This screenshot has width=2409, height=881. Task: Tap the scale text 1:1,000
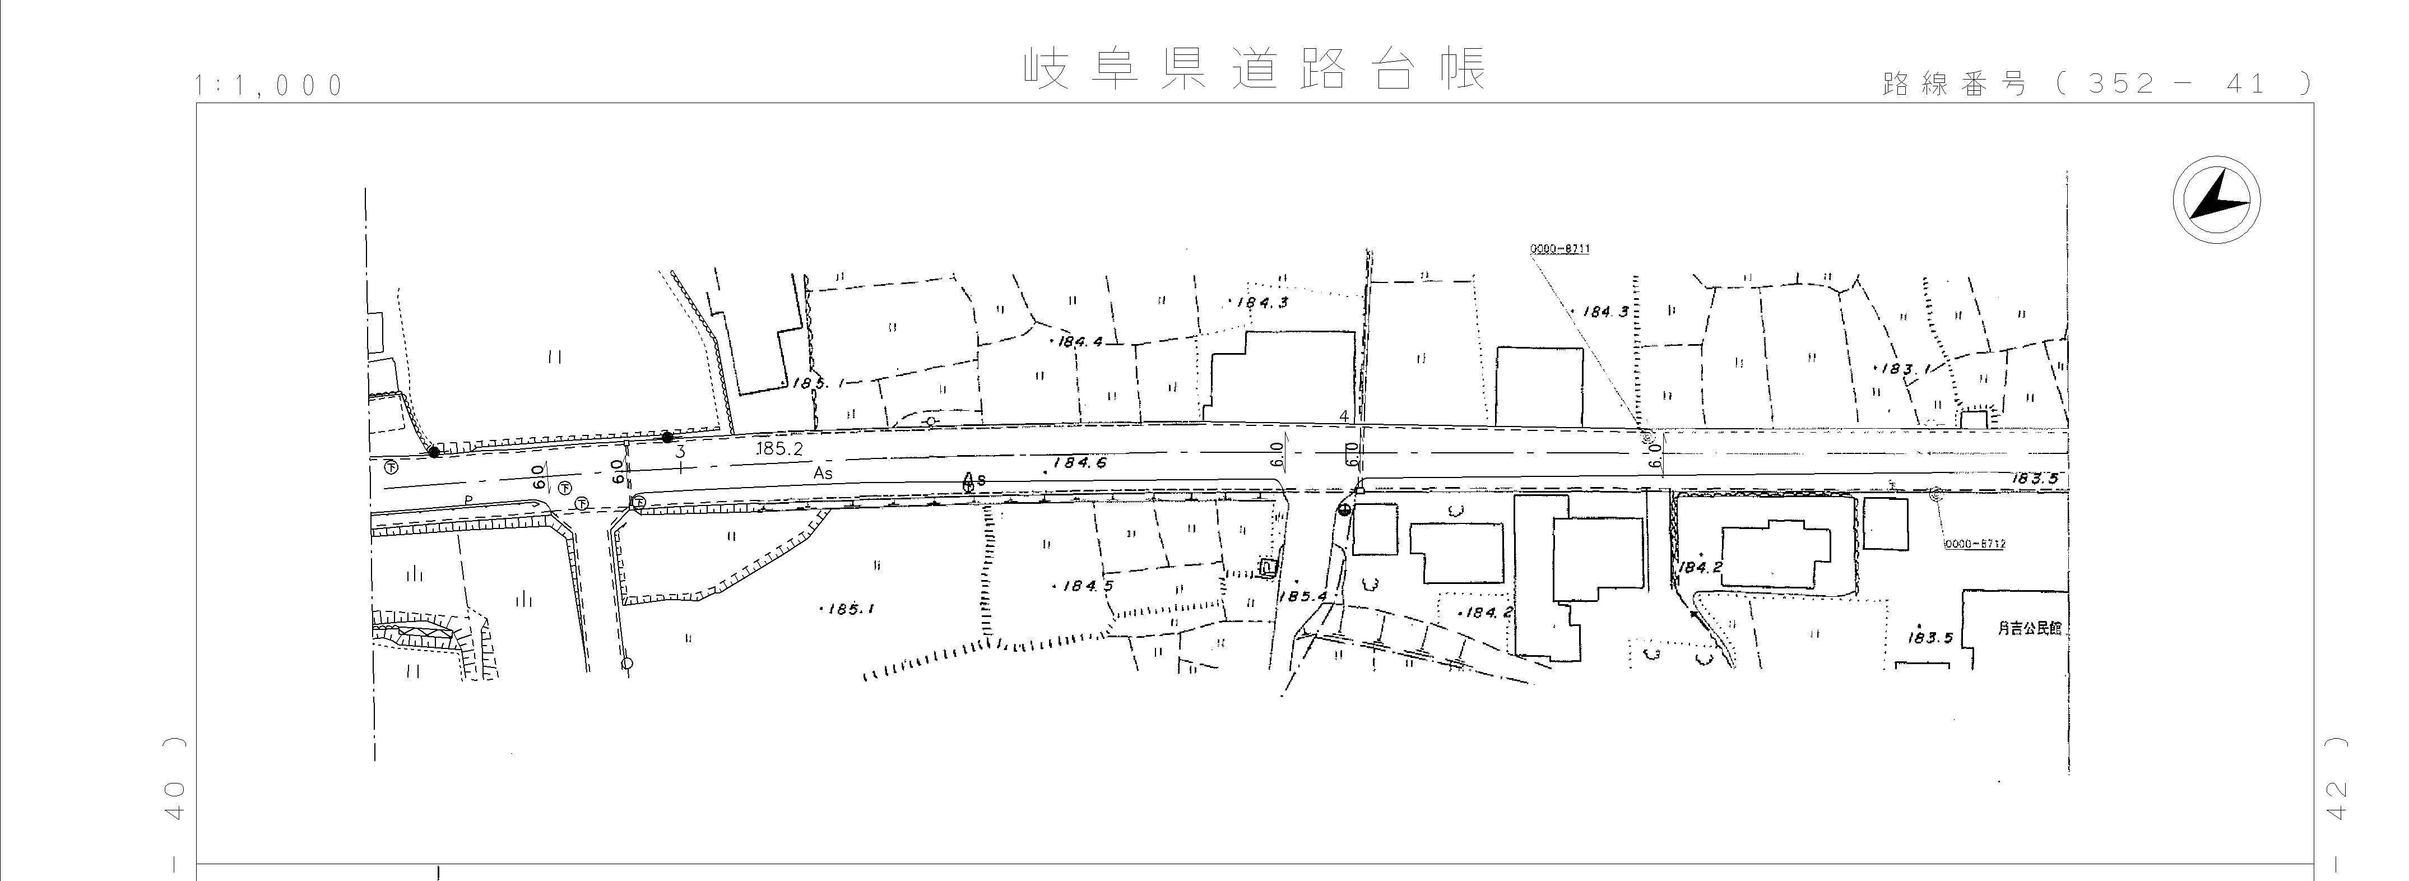[x=270, y=86]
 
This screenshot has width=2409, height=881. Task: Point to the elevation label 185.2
[x=779, y=449]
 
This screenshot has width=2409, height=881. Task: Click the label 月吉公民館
[x=2029, y=628]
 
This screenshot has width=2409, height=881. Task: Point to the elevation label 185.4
[x=1302, y=596]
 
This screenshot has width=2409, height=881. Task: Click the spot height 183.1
[x=1899, y=369]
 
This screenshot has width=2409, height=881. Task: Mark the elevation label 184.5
[x=1087, y=586]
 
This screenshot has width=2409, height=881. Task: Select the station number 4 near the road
[x=1344, y=415]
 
